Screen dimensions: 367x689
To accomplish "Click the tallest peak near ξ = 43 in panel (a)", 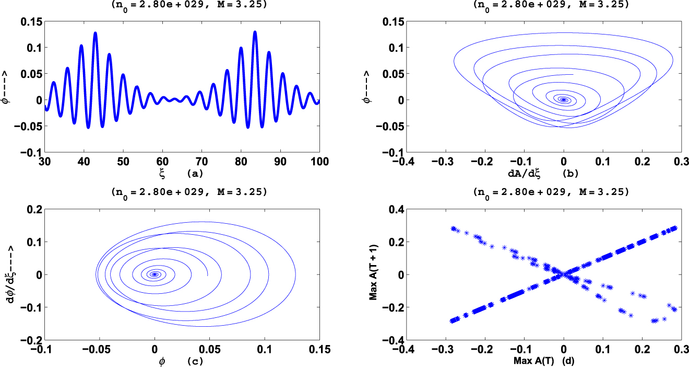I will [96, 33].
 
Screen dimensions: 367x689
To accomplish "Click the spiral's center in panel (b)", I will [563, 99].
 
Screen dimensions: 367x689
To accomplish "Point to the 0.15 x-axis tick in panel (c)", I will [319, 350].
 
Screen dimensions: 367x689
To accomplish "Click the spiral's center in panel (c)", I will [154, 274].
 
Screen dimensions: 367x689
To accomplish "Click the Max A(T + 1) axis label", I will [373, 274].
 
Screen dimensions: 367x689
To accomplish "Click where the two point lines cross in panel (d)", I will [563, 274].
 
